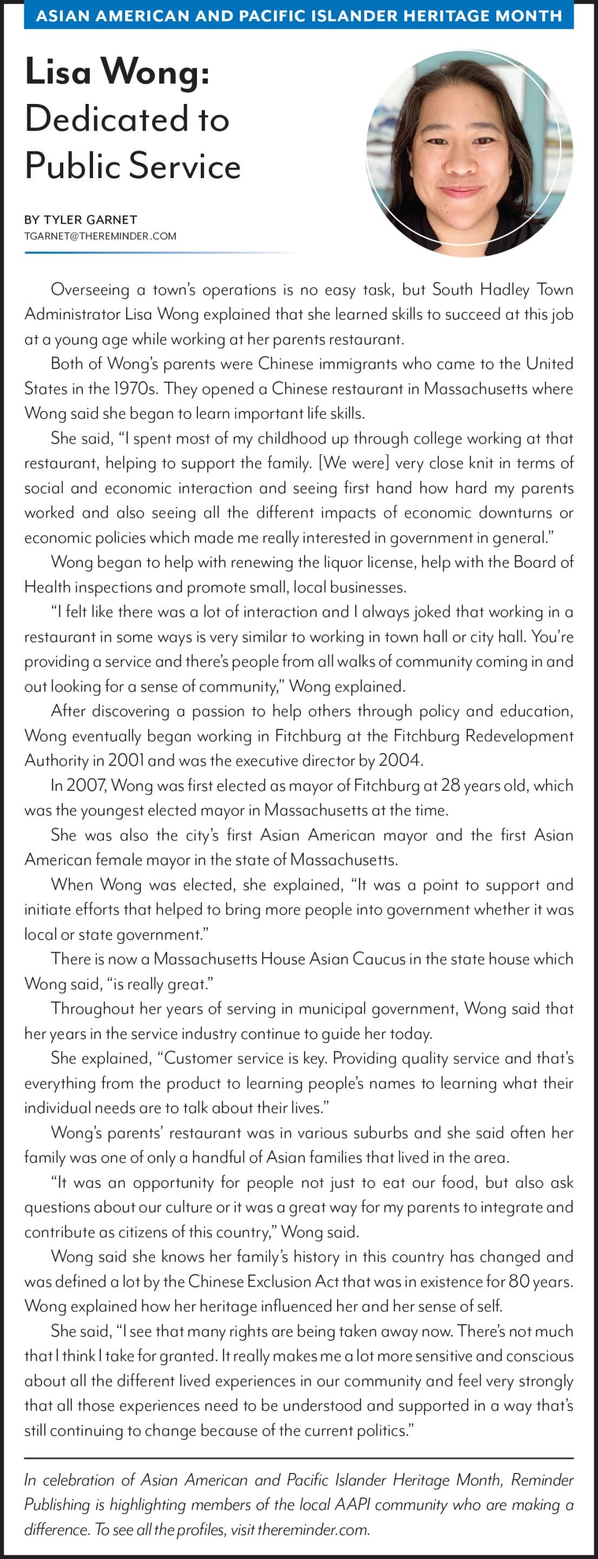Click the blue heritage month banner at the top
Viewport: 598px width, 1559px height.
tap(298, 15)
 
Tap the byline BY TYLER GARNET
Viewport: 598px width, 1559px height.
tap(81, 220)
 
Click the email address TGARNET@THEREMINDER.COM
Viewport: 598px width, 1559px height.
tap(100, 236)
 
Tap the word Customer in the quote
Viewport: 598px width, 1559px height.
tap(203, 1058)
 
